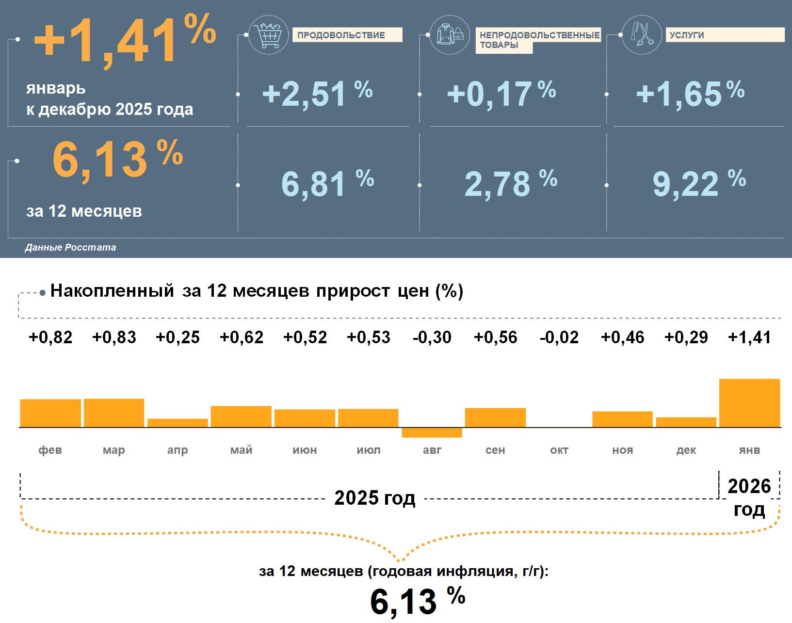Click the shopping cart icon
click(x=268, y=35)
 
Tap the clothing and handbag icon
click(x=450, y=35)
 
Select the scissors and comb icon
click(x=642, y=34)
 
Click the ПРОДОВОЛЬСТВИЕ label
click(x=347, y=35)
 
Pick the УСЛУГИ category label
click(x=725, y=35)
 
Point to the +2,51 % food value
click(x=317, y=94)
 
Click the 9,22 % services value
click(x=698, y=184)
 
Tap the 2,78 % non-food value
click(x=510, y=184)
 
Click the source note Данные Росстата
click(x=70, y=247)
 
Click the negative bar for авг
click(x=432, y=432)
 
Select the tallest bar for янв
click(x=749, y=403)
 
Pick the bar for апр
click(x=178, y=423)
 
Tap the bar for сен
click(x=495, y=417)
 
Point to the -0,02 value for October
click(x=559, y=337)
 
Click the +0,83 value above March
click(x=114, y=337)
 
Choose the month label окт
click(x=559, y=450)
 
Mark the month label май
click(x=241, y=450)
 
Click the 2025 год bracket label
click(x=374, y=498)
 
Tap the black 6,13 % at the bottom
click(x=417, y=601)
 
